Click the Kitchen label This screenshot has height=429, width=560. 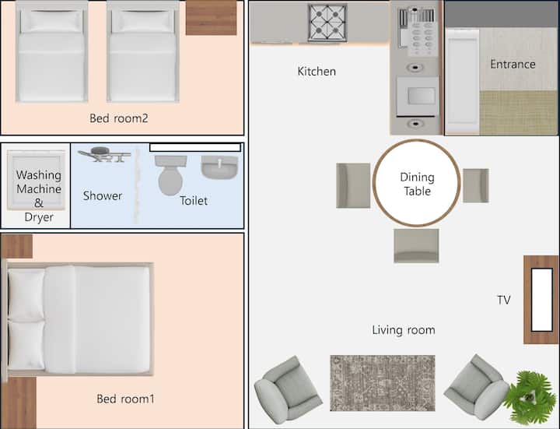click(x=317, y=71)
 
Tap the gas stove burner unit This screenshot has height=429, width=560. click(x=327, y=23)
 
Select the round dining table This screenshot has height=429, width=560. click(x=416, y=183)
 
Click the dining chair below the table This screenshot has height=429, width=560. click(x=416, y=246)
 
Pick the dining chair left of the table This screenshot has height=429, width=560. click(x=353, y=185)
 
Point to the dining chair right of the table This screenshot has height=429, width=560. click(x=476, y=185)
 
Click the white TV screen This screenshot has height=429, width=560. click(x=542, y=300)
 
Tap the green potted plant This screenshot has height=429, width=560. click(x=530, y=397)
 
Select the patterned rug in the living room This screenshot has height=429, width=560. click(x=383, y=383)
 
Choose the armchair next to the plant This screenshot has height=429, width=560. click(x=477, y=387)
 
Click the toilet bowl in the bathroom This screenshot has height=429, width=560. click(x=170, y=175)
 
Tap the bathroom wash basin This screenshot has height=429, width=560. click(x=219, y=167)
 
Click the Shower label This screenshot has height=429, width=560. click(x=103, y=195)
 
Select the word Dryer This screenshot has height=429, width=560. click(x=39, y=217)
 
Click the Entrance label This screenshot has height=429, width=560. click(x=513, y=64)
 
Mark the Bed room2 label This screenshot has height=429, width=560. click(x=118, y=118)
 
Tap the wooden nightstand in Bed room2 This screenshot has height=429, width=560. click(x=211, y=17)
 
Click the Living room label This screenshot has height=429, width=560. click(x=404, y=329)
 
